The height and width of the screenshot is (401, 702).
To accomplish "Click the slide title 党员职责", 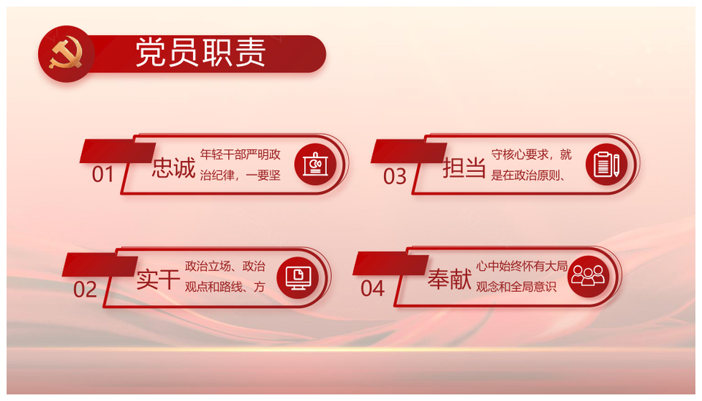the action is point(200,53).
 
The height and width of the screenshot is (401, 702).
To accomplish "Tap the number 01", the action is point(103,174).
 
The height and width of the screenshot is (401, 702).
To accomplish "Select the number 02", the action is point(85,290).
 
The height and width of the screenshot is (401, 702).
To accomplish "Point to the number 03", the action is point(395,176).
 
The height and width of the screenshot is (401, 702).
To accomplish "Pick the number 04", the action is point(372,288).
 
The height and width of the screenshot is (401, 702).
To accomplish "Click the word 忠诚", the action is point(174,168).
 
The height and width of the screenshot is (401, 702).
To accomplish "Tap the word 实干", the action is point(159,279).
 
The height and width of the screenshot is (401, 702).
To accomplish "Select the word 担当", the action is point(464,168).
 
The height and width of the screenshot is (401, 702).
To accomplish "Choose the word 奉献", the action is point(450,279).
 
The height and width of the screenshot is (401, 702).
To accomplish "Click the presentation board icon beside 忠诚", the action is point(315,165).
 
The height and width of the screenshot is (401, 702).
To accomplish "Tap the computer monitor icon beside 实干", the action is point(298,278).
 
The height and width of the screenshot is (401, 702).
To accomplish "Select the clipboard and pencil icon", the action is point(607,165).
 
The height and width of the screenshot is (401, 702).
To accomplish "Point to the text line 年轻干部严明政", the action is point(241,154).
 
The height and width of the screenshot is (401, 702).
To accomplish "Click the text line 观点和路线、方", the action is point(225,287).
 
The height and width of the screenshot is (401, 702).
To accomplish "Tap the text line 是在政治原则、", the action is point(528,175).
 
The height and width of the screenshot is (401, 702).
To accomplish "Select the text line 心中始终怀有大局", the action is point(522,266).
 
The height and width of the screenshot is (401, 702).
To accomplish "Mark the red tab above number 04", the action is point(390,263).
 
